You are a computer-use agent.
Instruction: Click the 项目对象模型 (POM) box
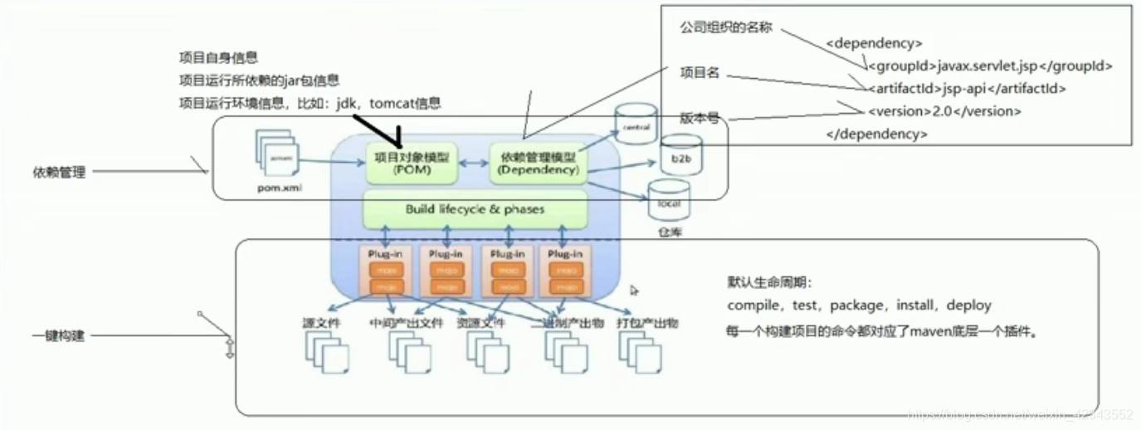(x=412, y=163)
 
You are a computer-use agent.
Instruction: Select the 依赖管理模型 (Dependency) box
(x=534, y=163)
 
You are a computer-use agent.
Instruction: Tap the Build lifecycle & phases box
(x=475, y=209)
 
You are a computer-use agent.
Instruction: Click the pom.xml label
(x=279, y=188)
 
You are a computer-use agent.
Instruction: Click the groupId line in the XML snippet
(x=990, y=66)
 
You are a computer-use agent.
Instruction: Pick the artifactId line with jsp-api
(x=967, y=88)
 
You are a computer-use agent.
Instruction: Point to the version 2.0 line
(x=944, y=110)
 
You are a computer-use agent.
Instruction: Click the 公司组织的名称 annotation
(x=725, y=27)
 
